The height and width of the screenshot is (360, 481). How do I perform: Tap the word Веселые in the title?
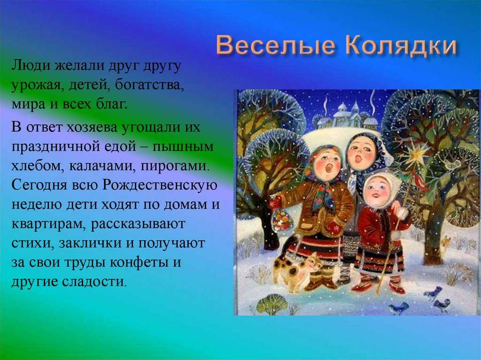tap(275, 46)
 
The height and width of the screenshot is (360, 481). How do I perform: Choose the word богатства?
tap(149, 85)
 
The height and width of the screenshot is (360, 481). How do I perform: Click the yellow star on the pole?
tap(416, 155)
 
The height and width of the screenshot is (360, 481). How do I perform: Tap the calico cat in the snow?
tap(296, 271)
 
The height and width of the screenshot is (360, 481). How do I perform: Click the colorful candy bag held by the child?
tap(281, 219)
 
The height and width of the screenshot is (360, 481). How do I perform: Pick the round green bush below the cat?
tap(272, 304)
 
